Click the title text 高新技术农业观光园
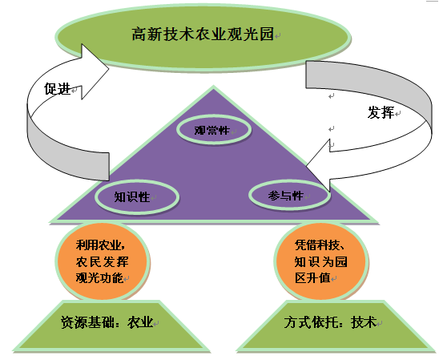203,34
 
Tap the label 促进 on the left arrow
57,89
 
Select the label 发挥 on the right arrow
381,112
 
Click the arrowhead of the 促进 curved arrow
95,71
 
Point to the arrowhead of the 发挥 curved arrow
318,165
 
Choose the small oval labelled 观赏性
214,130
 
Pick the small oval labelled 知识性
137,196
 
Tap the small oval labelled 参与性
289,196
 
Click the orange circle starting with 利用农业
102,261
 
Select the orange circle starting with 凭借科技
320,261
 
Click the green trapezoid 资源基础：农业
111,326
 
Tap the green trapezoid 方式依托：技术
336,326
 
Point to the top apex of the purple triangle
214,87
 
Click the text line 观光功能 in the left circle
99,278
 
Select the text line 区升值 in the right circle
312,278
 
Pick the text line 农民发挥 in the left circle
102,261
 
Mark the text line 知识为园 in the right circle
321,261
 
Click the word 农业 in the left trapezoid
140,322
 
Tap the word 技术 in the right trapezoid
364,322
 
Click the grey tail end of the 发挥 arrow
306,75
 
